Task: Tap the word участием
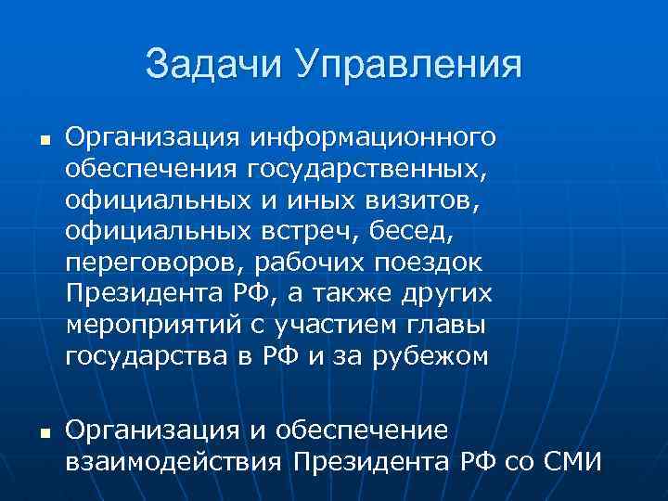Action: click(x=336, y=326)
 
